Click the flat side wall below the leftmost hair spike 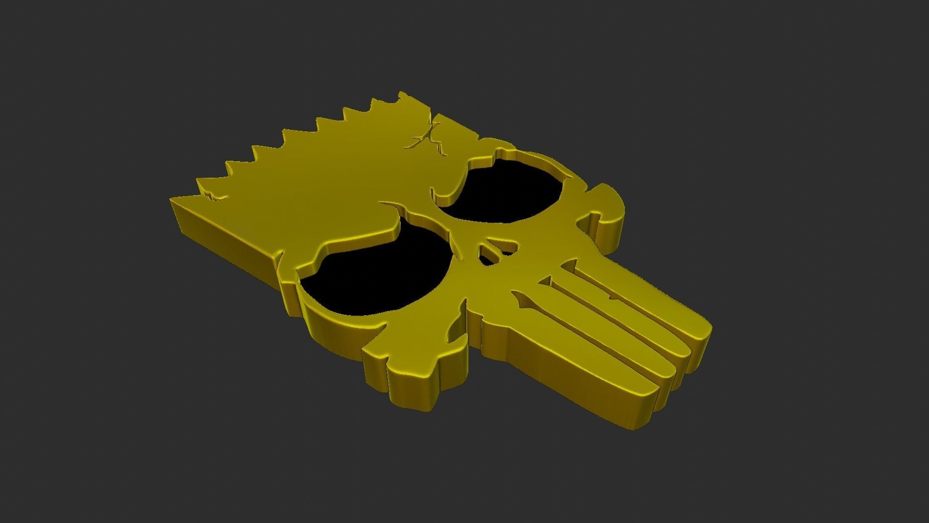tap(223, 237)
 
